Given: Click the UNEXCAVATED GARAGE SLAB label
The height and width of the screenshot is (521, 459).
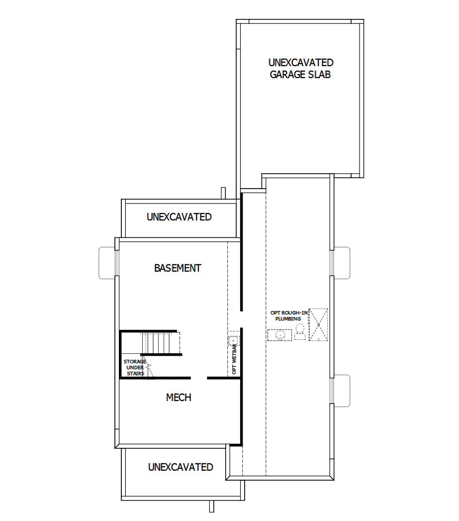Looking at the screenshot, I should pos(300,69).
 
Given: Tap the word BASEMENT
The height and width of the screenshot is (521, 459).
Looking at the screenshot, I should pos(178,268).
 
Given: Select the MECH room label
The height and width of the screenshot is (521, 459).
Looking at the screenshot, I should pos(178,398).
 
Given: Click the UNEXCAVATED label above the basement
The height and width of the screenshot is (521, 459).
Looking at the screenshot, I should pos(179,217).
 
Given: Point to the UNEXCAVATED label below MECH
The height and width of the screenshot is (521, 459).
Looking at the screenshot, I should pos(181,467).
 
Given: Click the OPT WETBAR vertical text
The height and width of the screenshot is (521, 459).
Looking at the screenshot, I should pos(234,359).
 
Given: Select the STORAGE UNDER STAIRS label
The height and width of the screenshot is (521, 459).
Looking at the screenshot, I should pos(134,367).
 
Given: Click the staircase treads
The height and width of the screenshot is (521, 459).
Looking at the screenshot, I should pos(158,342).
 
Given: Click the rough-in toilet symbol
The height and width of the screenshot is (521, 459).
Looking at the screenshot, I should pos(300,331).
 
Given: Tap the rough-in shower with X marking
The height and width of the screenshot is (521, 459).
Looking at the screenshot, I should pos(318,324).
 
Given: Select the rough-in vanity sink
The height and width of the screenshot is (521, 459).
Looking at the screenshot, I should pos(280,335).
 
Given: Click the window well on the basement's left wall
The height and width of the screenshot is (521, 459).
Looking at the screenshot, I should pos(107,263).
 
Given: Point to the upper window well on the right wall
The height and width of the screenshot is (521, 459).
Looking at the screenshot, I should pos(342,262).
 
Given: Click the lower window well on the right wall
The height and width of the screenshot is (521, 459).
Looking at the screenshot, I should pos(342,391).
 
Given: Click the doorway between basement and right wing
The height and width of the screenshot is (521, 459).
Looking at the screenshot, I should pos(241,318).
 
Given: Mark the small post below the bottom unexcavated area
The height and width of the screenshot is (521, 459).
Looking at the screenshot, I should pos(211,506).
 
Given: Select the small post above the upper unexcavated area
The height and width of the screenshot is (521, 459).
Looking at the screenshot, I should pos(223,193).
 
